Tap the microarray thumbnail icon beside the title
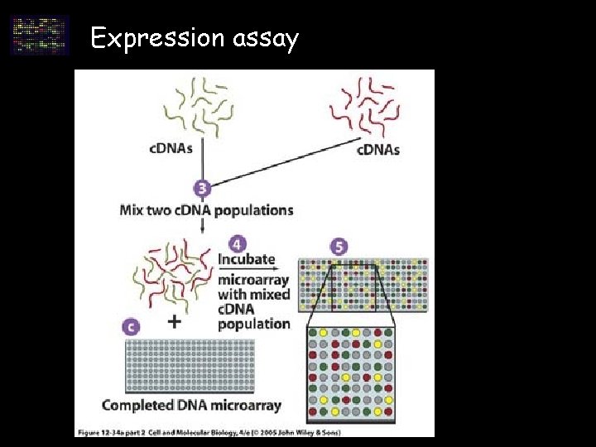[x=39, y=35]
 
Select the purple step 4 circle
[x=238, y=244]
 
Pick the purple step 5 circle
[x=337, y=247]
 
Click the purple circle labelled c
[x=130, y=325]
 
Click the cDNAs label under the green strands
[x=171, y=149]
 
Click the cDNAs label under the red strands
[x=378, y=150]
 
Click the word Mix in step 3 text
[x=134, y=209]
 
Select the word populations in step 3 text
[x=253, y=209]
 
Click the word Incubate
[x=246, y=259]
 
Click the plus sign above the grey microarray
[x=174, y=322]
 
